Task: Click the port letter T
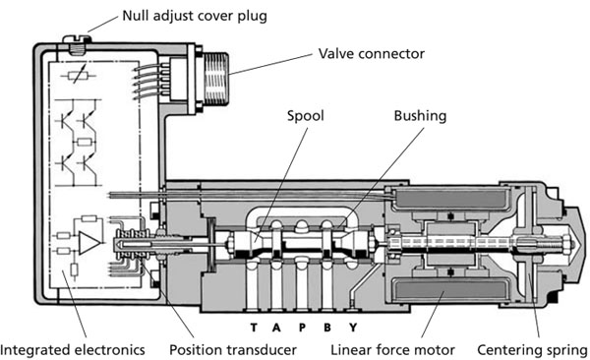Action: coord(254,328)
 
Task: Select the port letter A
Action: coord(276,328)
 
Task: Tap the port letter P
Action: coord(302,328)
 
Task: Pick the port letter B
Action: coord(327,328)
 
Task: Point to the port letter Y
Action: coord(353,328)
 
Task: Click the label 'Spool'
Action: coord(305,116)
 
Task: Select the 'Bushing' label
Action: coord(420,116)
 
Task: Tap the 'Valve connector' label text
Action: coord(372,54)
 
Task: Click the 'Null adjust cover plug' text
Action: coord(195,16)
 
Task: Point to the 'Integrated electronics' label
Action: coord(73,350)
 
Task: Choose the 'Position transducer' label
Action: coord(233,350)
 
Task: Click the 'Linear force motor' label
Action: coord(392,350)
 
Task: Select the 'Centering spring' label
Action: coord(532,350)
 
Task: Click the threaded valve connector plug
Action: coord(216,79)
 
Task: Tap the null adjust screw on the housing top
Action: coord(78,44)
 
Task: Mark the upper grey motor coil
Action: coord(449,199)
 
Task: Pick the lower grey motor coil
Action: coord(449,291)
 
